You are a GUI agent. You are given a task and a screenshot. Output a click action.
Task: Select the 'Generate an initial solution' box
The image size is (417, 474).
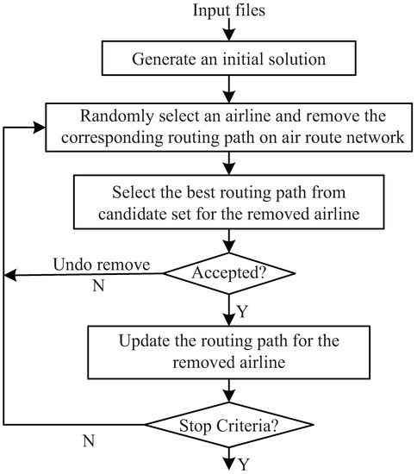point(229,59)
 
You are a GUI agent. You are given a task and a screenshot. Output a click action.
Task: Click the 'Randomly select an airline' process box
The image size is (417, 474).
point(229,128)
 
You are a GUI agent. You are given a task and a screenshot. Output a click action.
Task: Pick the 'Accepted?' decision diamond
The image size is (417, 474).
point(229,274)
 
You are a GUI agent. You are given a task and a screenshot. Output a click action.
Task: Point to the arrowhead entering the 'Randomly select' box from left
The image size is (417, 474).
point(40,128)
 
